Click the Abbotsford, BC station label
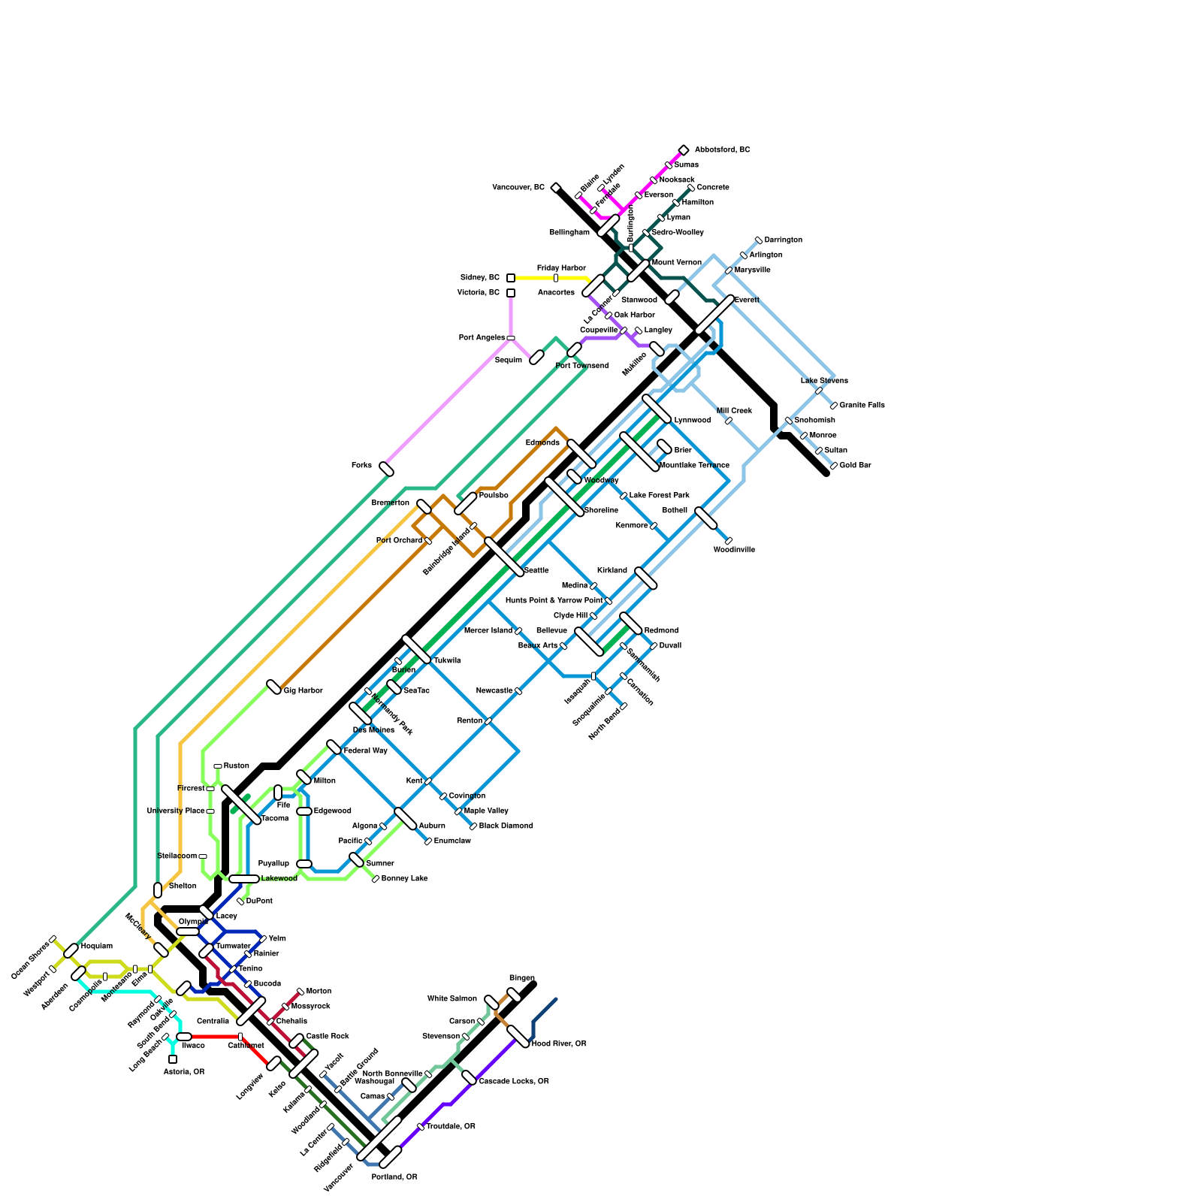(722, 149)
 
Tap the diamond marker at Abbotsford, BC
(684, 150)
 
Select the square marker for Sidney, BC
(511, 278)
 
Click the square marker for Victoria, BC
(511, 293)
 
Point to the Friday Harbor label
(561, 268)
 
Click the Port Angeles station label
(482, 337)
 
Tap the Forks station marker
(387, 470)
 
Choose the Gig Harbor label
(303, 690)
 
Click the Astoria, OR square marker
(173, 1059)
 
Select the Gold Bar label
(855, 465)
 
